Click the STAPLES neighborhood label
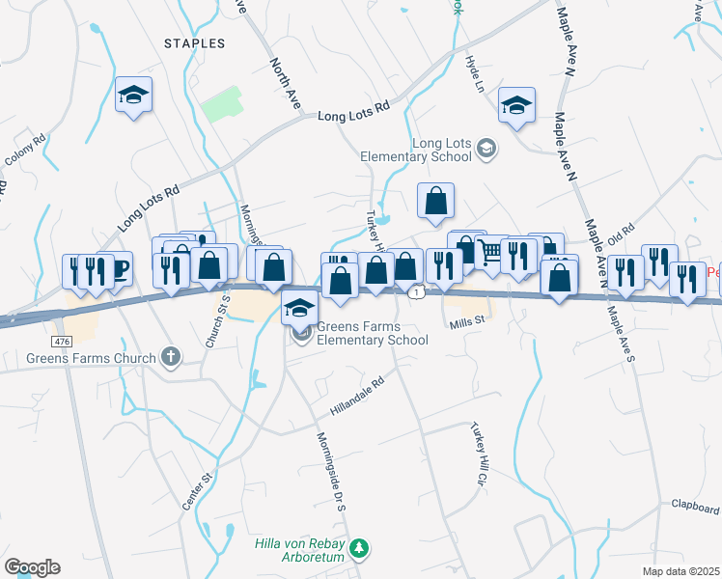[x=194, y=43]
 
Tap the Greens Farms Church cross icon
[x=171, y=358]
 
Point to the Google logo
[x=33, y=566]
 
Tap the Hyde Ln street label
[x=474, y=71]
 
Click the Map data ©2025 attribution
[x=681, y=571]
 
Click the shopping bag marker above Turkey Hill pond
[x=436, y=201]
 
